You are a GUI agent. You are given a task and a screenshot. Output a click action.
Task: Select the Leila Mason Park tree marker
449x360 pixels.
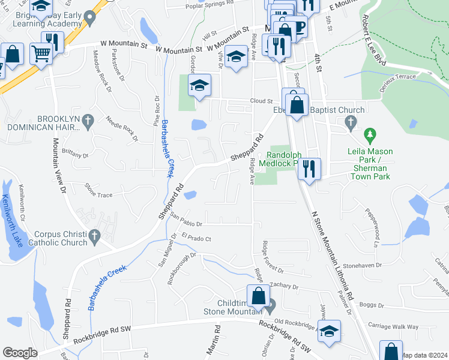point(370,133)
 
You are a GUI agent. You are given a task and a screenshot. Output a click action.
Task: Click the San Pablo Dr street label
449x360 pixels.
point(187,219)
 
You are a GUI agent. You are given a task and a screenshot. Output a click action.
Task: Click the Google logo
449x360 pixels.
point(20,353)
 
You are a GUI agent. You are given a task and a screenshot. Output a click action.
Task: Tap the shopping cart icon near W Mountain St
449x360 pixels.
point(41,53)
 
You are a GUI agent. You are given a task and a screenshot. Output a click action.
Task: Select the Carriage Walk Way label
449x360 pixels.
point(394,327)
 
